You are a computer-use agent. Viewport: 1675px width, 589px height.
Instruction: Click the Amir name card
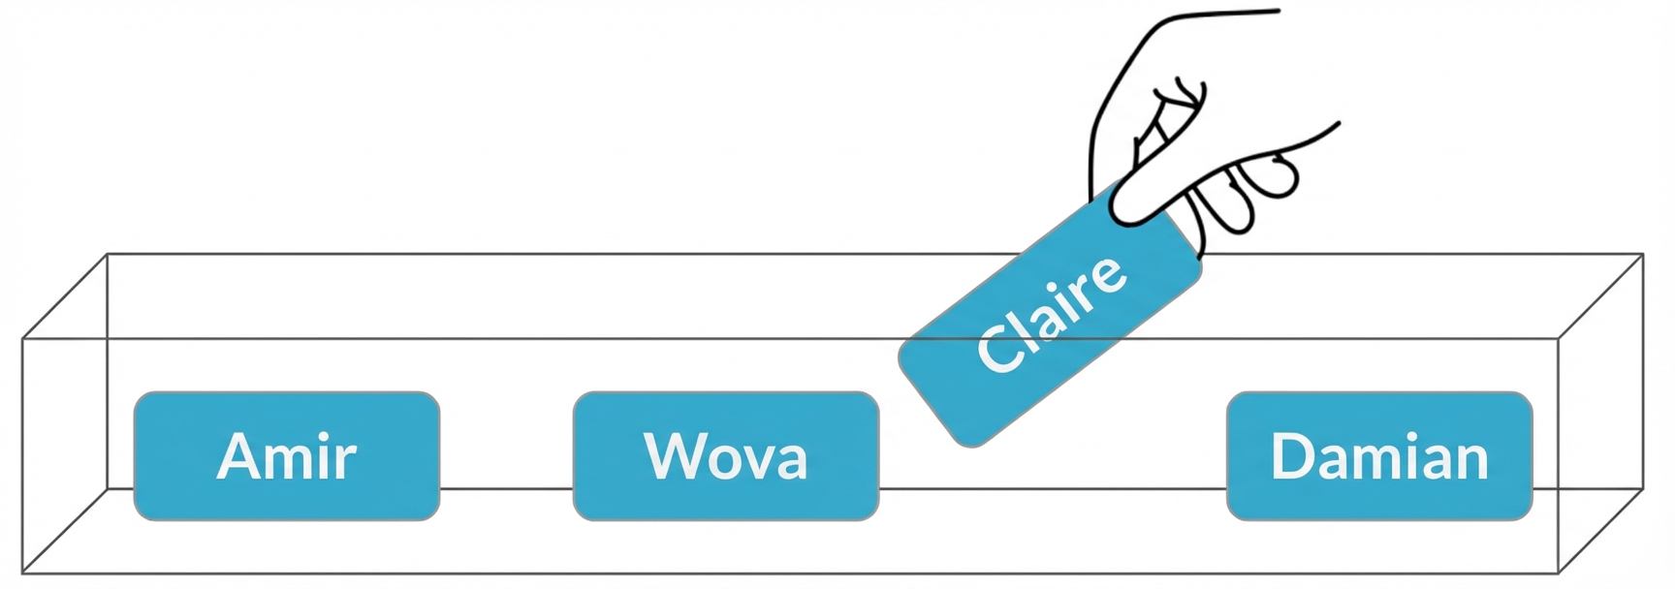[287, 455]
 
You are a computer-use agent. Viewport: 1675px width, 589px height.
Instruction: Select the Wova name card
[726, 455]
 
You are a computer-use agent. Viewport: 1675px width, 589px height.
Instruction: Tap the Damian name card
[1379, 455]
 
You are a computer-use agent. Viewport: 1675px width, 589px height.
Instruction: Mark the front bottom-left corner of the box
[23, 572]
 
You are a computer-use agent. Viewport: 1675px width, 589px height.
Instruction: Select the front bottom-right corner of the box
[1558, 572]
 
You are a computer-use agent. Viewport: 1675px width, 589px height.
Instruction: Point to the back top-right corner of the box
[1643, 255]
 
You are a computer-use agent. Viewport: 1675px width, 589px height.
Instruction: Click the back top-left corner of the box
[107, 255]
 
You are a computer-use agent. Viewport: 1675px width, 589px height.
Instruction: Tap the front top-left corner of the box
[23, 339]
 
